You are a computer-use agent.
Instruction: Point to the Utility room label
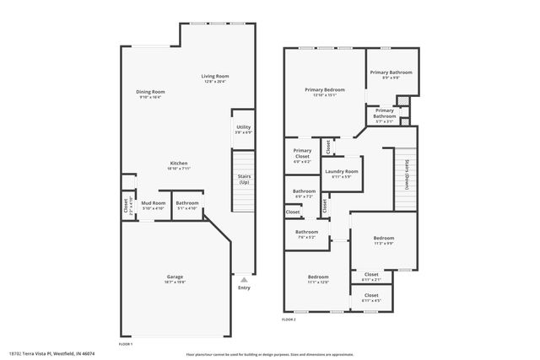click(243, 130)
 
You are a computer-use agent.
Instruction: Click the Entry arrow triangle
click(244, 278)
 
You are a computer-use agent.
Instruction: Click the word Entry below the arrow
click(244, 287)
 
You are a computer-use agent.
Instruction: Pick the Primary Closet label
click(302, 157)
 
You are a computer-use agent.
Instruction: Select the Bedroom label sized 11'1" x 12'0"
click(318, 278)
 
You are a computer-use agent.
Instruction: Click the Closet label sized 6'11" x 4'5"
click(371, 298)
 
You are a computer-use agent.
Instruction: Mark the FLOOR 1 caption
click(126, 343)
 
